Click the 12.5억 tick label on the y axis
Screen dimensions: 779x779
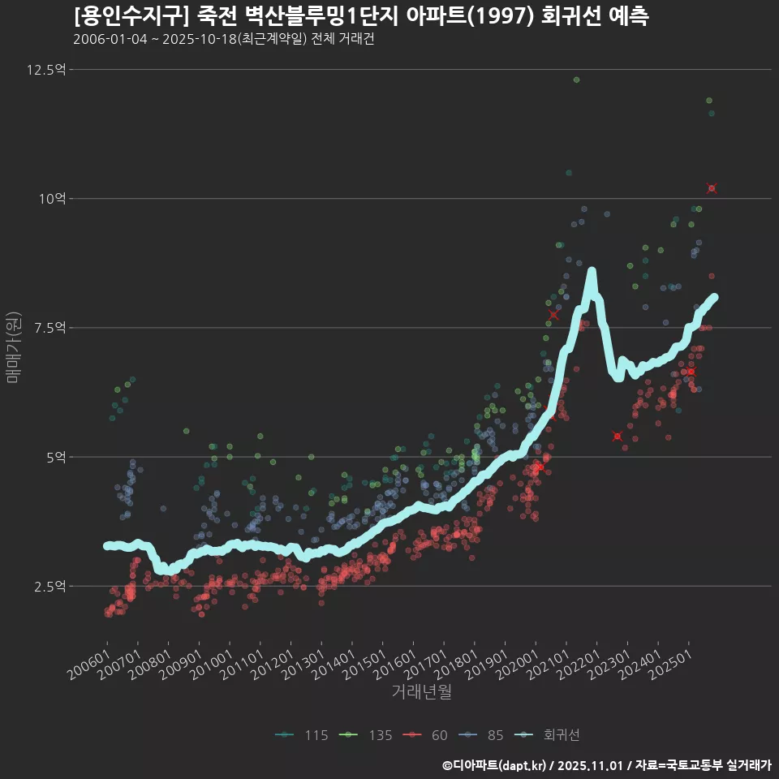[45, 70]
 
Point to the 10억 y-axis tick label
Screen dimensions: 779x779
[52, 199]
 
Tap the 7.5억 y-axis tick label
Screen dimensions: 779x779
[49, 328]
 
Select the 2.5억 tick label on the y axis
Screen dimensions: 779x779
[49, 586]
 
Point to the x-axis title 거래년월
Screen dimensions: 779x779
[421, 692]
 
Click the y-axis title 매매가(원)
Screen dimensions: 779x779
[14, 347]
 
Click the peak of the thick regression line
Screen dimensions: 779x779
[592, 271]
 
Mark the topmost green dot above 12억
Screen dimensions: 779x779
[576, 80]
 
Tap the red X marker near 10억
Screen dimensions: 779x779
[712, 188]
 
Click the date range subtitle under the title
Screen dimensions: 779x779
[223, 39]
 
